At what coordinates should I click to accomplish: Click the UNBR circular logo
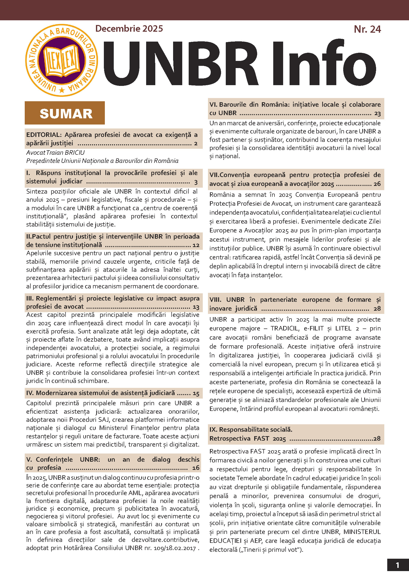[62, 60]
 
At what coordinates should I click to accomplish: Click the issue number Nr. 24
[367, 29]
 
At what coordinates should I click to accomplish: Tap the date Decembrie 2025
[129, 28]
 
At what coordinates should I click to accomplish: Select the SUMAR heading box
[65, 113]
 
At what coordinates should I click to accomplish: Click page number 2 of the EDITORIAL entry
[196, 144]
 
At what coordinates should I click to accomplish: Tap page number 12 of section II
[196, 245]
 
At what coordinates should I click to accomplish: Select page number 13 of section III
[196, 307]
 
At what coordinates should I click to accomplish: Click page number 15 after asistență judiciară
[196, 393]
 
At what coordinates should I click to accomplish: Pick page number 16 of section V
[196, 468]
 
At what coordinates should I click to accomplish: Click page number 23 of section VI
[377, 113]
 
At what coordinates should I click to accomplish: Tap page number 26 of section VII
[377, 184]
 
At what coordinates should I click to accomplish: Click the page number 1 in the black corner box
[397, 565]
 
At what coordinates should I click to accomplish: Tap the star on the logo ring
[62, 90]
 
